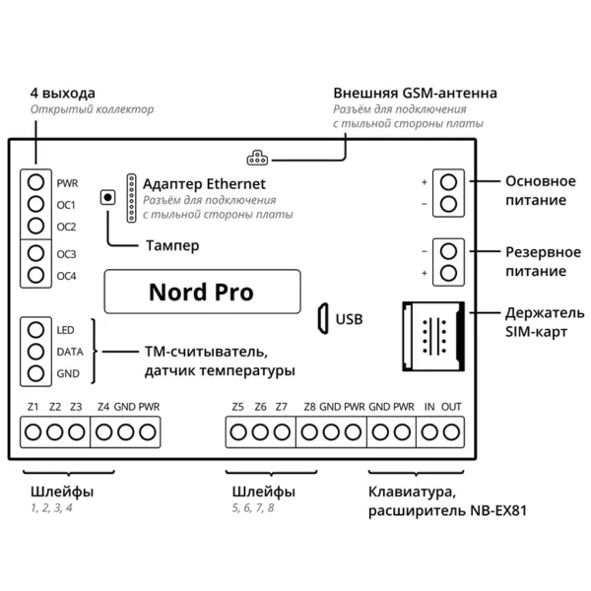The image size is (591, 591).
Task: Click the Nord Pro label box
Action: [200, 292]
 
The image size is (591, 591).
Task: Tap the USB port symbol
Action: [321, 318]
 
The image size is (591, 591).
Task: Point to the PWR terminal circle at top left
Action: [36, 182]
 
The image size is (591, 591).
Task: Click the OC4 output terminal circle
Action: [36, 275]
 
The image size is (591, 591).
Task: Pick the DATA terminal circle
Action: [36, 351]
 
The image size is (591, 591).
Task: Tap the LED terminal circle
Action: [36, 329]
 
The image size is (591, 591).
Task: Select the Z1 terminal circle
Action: [33, 430]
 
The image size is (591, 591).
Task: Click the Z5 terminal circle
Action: [238, 430]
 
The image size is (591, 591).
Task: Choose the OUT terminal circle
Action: [452, 430]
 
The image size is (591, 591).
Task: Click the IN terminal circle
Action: [430, 430]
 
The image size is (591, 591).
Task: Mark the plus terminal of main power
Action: [448, 182]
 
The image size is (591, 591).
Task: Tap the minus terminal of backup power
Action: [448, 250]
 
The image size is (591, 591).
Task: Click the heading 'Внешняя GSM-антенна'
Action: [415, 94]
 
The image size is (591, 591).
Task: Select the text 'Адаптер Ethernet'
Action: [204, 183]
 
